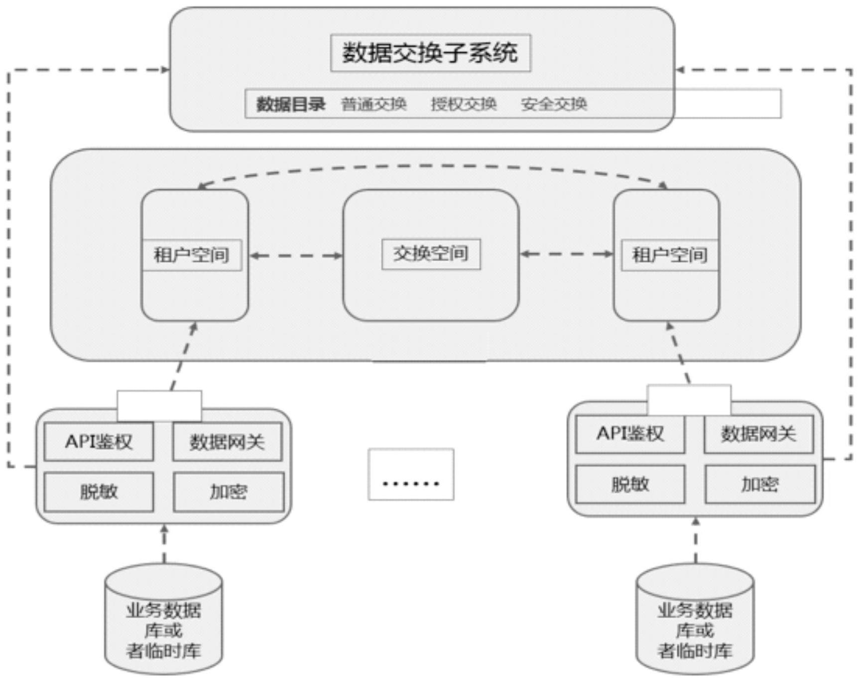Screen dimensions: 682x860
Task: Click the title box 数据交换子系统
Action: coord(430,53)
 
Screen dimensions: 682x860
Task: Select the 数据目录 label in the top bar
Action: coord(291,104)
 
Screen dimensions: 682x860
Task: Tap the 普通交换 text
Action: coord(373,104)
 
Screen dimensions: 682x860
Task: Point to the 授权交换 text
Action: coord(464,104)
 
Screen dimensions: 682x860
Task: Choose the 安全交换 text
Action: coord(554,104)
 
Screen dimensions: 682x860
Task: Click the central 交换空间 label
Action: coord(431,254)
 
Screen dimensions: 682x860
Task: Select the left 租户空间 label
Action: coord(192,255)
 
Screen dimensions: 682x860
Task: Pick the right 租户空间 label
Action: coord(669,255)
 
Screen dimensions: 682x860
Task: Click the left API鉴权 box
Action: coord(99,442)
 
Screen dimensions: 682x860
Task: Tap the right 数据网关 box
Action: coord(758,434)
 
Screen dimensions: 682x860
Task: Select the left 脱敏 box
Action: coord(99,492)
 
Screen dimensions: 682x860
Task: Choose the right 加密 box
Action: coord(760,484)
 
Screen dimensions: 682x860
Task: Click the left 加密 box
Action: coord(229,492)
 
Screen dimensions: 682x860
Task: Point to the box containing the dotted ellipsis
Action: coord(411,474)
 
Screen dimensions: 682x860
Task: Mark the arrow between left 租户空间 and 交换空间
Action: coord(296,256)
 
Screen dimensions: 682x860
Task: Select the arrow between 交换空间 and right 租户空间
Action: coord(566,254)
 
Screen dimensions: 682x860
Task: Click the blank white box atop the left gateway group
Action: coord(159,405)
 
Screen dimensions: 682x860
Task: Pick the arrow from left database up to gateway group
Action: coord(164,543)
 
